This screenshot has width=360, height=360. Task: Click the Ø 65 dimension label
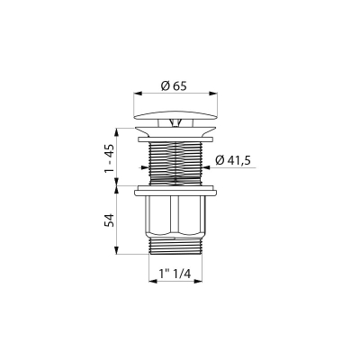pyautogui.click(x=174, y=86)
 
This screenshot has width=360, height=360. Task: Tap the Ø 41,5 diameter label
pyautogui.click(x=233, y=160)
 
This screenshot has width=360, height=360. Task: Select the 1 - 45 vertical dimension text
pyautogui.click(x=110, y=158)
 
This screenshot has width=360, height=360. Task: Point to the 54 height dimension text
pyautogui.click(x=110, y=220)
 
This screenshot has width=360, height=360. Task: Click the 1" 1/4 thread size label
pyautogui.click(x=175, y=274)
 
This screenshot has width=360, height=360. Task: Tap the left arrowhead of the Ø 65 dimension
pyautogui.click(x=138, y=94)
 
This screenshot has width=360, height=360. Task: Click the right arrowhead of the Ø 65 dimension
pyautogui.click(x=213, y=94)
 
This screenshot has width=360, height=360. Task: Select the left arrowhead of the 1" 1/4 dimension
pyautogui.click(x=153, y=282)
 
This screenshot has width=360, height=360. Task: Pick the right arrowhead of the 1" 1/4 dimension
pyautogui.click(x=198, y=282)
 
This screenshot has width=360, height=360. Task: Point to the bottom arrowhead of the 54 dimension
pyautogui.click(x=116, y=250)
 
